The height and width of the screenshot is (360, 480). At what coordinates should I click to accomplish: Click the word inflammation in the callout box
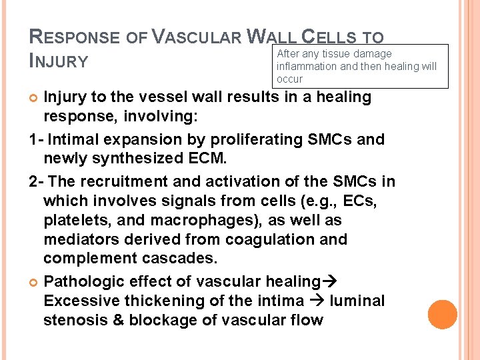[x=307, y=66]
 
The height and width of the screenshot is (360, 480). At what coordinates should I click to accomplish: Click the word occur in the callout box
[x=289, y=79]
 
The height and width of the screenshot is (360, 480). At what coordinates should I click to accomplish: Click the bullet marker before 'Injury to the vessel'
[x=35, y=97]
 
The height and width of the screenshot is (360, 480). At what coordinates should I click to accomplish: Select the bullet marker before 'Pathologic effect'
[x=35, y=282]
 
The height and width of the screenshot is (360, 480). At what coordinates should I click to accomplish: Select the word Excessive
[x=82, y=301]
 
